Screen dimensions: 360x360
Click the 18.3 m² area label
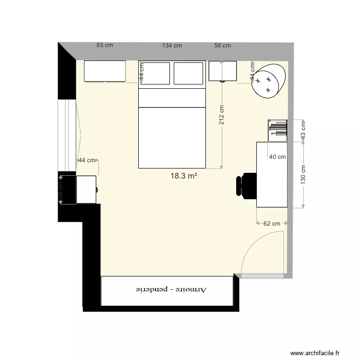click(184, 176)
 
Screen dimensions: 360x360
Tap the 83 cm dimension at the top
click(105, 45)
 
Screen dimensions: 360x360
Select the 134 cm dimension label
click(172, 46)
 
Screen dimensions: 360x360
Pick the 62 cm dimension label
click(272, 224)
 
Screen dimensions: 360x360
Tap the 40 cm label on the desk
click(277, 157)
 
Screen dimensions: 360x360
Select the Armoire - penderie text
click(171, 290)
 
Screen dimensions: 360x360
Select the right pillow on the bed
click(189, 73)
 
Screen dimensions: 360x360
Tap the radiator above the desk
click(277, 130)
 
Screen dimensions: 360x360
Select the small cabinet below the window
click(86, 190)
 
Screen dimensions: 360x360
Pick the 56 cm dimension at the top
click(222, 46)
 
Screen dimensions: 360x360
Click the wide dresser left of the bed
click(105, 71)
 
